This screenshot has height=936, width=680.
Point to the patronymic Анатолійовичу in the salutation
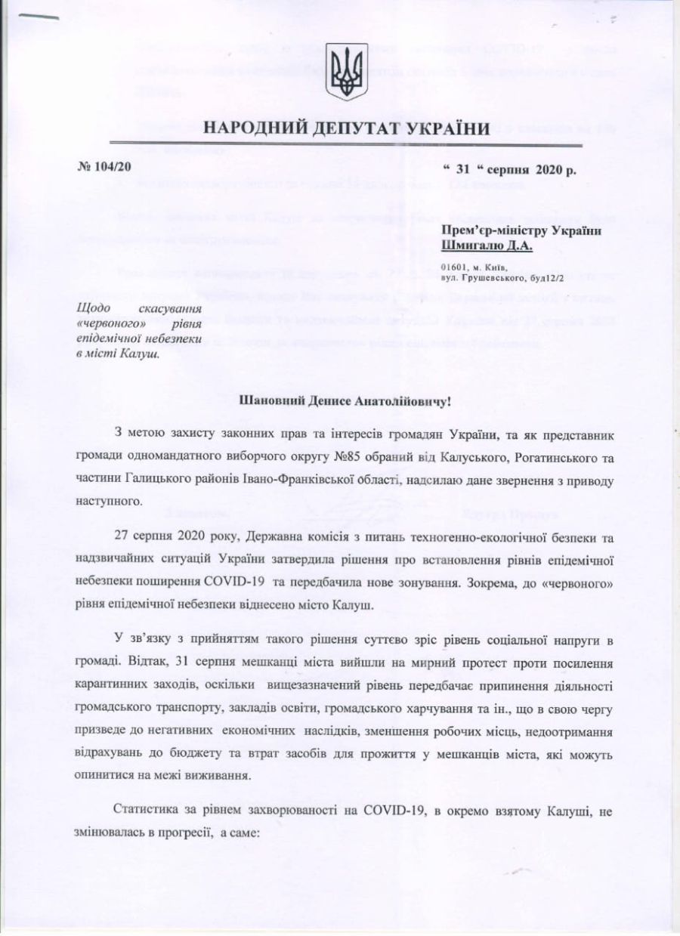(399, 400)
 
